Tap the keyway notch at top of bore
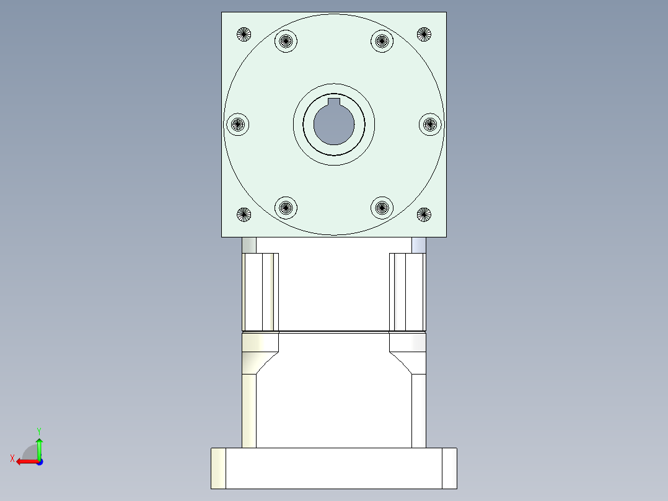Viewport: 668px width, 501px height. pos(334,102)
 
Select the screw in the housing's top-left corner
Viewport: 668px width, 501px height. pos(244,34)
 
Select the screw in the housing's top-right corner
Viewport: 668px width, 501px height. pos(424,34)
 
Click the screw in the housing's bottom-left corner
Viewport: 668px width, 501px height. pos(244,215)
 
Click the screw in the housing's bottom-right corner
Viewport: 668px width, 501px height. pos(424,215)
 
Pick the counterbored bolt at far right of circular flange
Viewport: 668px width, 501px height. pos(430,124)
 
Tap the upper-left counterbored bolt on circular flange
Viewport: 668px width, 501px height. pos(286,42)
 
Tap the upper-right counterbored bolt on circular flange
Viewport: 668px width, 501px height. pos(382,42)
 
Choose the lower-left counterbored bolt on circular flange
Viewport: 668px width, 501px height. pos(286,207)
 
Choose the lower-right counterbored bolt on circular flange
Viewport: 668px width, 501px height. pos(382,207)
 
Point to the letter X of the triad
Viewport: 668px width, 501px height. pos(12,458)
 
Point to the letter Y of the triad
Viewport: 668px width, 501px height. pos(38,430)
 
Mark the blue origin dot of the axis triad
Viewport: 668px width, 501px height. pos(39,461)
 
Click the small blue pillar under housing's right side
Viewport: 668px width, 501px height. pos(418,245)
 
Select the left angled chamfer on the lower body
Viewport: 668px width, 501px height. pos(266,362)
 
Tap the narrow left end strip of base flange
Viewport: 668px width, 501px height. pos(218,468)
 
